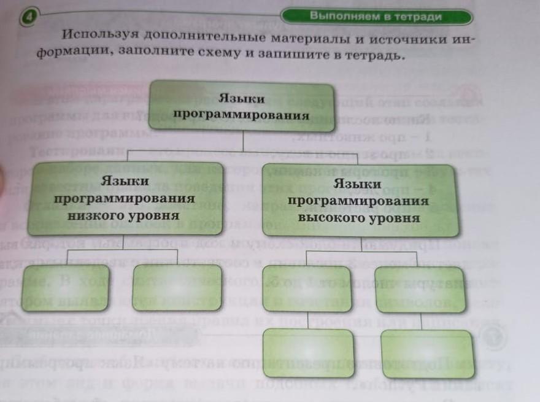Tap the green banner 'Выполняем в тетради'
pos(376,17)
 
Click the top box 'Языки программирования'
pos(241,106)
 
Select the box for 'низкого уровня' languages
pos(124,199)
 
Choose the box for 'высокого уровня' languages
pos(358,200)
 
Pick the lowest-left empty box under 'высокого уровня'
pos(308,354)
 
